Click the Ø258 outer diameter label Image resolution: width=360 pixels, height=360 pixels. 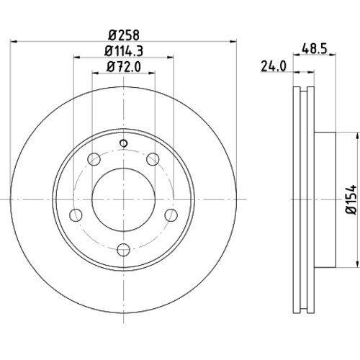[x=124, y=34]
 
